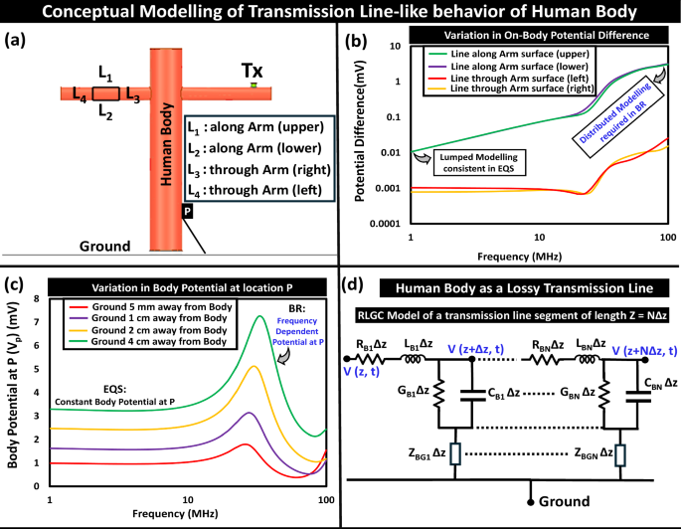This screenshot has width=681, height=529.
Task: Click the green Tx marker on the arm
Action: (x=254, y=88)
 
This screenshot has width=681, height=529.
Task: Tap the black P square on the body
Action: (x=186, y=211)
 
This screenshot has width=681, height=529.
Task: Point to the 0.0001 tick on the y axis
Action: (x=382, y=222)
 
